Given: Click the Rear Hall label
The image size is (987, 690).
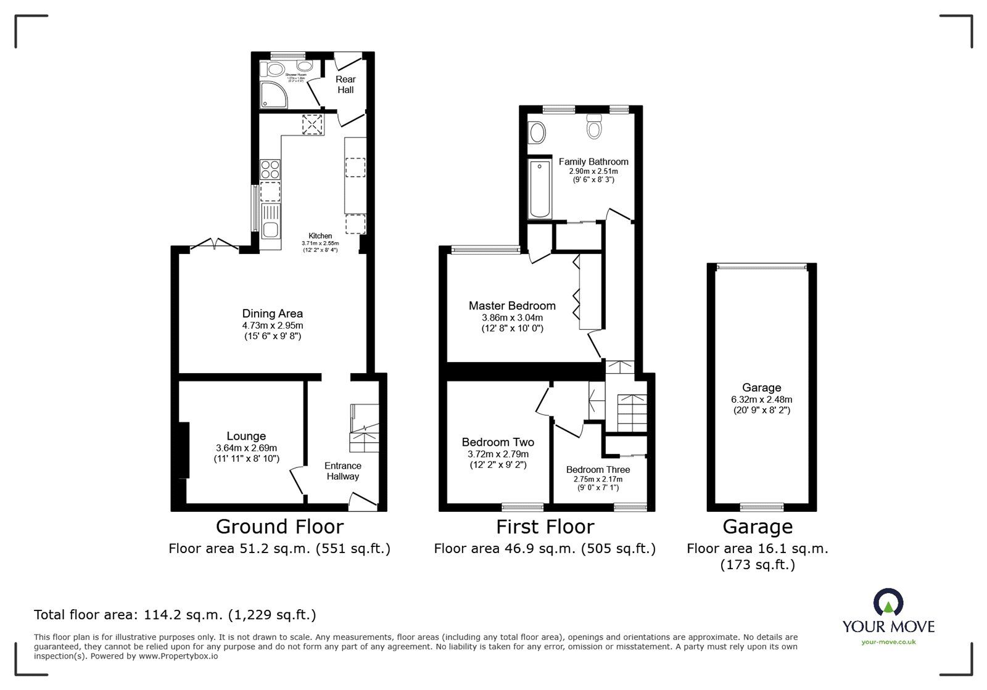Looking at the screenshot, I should point(345,84).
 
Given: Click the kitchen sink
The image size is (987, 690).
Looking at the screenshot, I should point(270,222).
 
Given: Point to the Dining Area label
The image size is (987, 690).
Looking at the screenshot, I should point(272,313).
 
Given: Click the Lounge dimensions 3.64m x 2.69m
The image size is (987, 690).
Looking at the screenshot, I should point(246,448).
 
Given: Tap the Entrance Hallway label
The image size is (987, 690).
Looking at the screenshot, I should point(343,470).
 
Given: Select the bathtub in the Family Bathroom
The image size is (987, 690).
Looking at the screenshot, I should point(540,189).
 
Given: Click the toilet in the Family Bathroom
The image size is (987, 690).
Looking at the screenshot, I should point(595,126).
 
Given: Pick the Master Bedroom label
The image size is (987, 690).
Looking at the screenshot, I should point(512,305).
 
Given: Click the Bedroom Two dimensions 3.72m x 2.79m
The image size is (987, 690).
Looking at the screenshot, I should point(498,454).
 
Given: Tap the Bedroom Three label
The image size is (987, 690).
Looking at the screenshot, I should point(598,469).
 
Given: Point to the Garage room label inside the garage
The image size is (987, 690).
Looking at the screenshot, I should point(761,387).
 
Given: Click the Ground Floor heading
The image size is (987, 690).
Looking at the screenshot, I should point(279,527).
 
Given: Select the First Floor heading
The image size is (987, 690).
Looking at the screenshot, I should point(545,527).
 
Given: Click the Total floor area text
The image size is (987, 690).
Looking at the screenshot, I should point(175,614).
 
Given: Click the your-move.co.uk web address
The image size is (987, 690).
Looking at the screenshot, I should point(888,642).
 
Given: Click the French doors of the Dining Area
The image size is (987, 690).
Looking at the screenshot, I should point(213,245).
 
